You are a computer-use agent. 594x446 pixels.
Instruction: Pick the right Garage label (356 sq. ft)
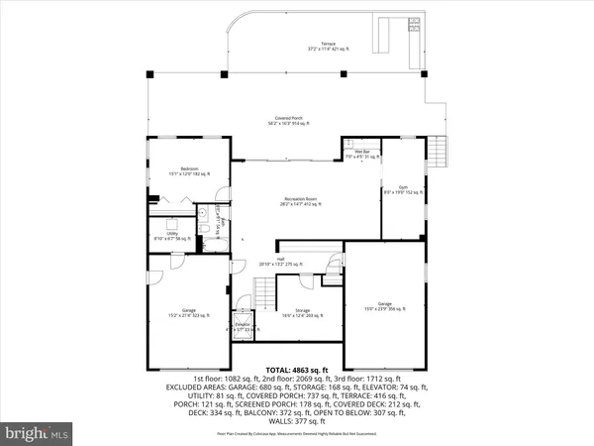pyautogui.click(x=385, y=305)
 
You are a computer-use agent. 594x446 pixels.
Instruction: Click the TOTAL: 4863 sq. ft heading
pyautogui.click(x=296, y=367)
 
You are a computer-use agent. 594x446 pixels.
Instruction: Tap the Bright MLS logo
pyautogui.click(x=38, y=433)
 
